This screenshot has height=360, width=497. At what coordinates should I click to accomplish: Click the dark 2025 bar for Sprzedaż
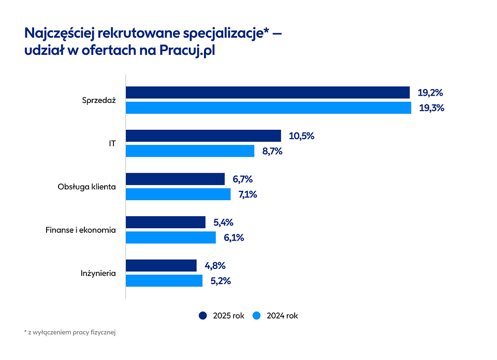click(x=268, y=93)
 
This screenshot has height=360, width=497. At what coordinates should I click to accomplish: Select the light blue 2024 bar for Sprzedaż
click(x=268, y=108)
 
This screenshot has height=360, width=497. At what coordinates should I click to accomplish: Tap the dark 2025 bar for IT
click(x=203, y=136)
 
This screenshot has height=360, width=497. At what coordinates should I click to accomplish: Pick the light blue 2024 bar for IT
click(x=190, y=151)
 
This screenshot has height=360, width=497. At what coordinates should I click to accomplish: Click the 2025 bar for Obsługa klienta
click(x=176, y=179)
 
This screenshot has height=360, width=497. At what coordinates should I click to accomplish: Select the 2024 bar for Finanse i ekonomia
click(x=171, y=237)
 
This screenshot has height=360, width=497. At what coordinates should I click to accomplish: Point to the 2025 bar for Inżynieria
click(x=162, y=266)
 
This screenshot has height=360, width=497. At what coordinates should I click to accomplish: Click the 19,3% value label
click(x=431, y=108)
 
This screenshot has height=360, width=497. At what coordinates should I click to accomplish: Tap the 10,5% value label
click(x=301, y=136)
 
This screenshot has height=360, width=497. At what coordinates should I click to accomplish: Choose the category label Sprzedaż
click(x=98, y=100)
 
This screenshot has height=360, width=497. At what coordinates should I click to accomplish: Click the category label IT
click(x=112, y=144)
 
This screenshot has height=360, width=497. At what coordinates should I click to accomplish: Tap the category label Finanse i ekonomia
click(x=81, y=230)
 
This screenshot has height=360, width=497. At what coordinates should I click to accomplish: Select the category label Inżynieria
click(x=98, y=273)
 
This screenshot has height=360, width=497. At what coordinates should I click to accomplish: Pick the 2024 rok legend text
click(x=282, y=316)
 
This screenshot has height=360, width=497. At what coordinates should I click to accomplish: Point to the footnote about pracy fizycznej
click(x=69, y=332)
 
